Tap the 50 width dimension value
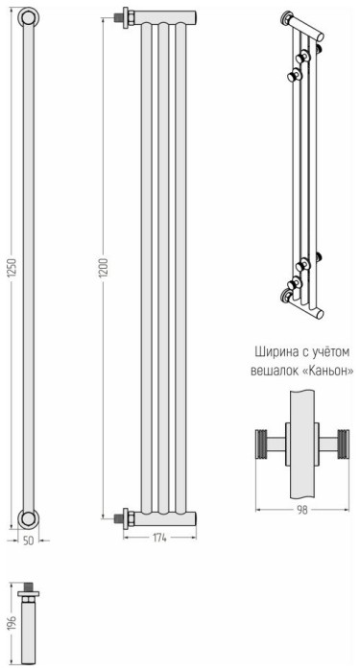[x=30, y=540]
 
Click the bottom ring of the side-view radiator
[x=31, y=519]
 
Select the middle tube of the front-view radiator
[x=162, y=269]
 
